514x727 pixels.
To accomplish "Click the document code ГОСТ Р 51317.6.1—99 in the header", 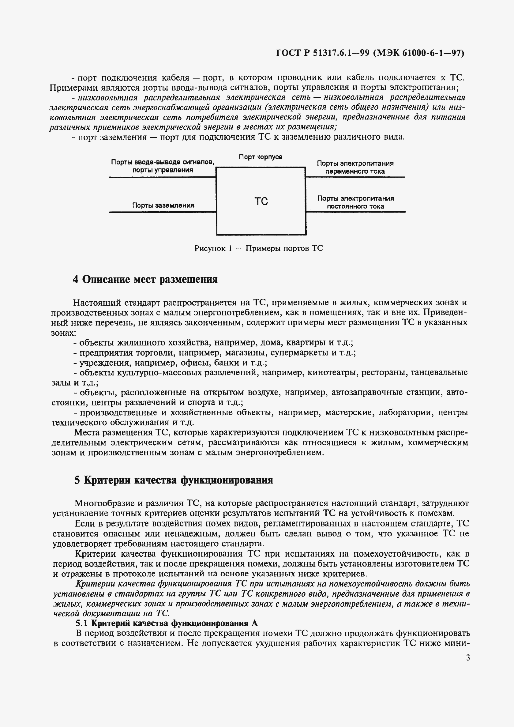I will coord(323,53).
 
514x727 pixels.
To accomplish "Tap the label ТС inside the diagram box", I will coord(261,202).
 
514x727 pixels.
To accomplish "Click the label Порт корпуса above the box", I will coord(261,157).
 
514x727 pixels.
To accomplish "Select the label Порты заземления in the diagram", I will coord(163,205).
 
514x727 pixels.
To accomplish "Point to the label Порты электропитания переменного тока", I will coord(355,167).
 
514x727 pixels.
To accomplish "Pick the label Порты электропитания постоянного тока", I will coord(355,202).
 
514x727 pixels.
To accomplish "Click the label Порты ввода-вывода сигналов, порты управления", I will coord(163,166).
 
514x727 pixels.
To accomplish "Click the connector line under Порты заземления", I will coord(163,212).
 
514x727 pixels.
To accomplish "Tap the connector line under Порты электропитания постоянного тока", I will coord(355,212).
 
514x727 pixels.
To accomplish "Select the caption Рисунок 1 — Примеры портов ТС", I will coord(259,248).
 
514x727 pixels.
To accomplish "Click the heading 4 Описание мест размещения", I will coord(145,279).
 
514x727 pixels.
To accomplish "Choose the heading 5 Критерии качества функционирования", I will coord(174,480).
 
